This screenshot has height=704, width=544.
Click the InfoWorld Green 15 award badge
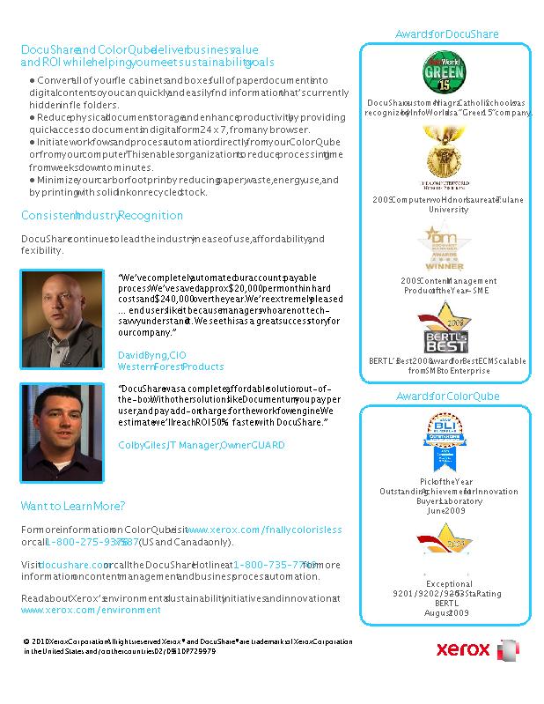coord(447,72)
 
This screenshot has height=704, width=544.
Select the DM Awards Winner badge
coord(445,248)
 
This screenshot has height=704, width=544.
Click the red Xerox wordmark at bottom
coord(463,651)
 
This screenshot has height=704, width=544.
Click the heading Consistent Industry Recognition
coord(102,216)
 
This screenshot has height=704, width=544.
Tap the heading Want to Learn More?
coord(73,507)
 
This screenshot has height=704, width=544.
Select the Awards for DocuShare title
coord(446,34)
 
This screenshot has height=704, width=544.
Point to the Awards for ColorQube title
coord(448,398)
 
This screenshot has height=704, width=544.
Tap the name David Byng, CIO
coord(151,354)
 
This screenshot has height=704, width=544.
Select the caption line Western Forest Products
coord(171,367)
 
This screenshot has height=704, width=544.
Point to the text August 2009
coord(448,612)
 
